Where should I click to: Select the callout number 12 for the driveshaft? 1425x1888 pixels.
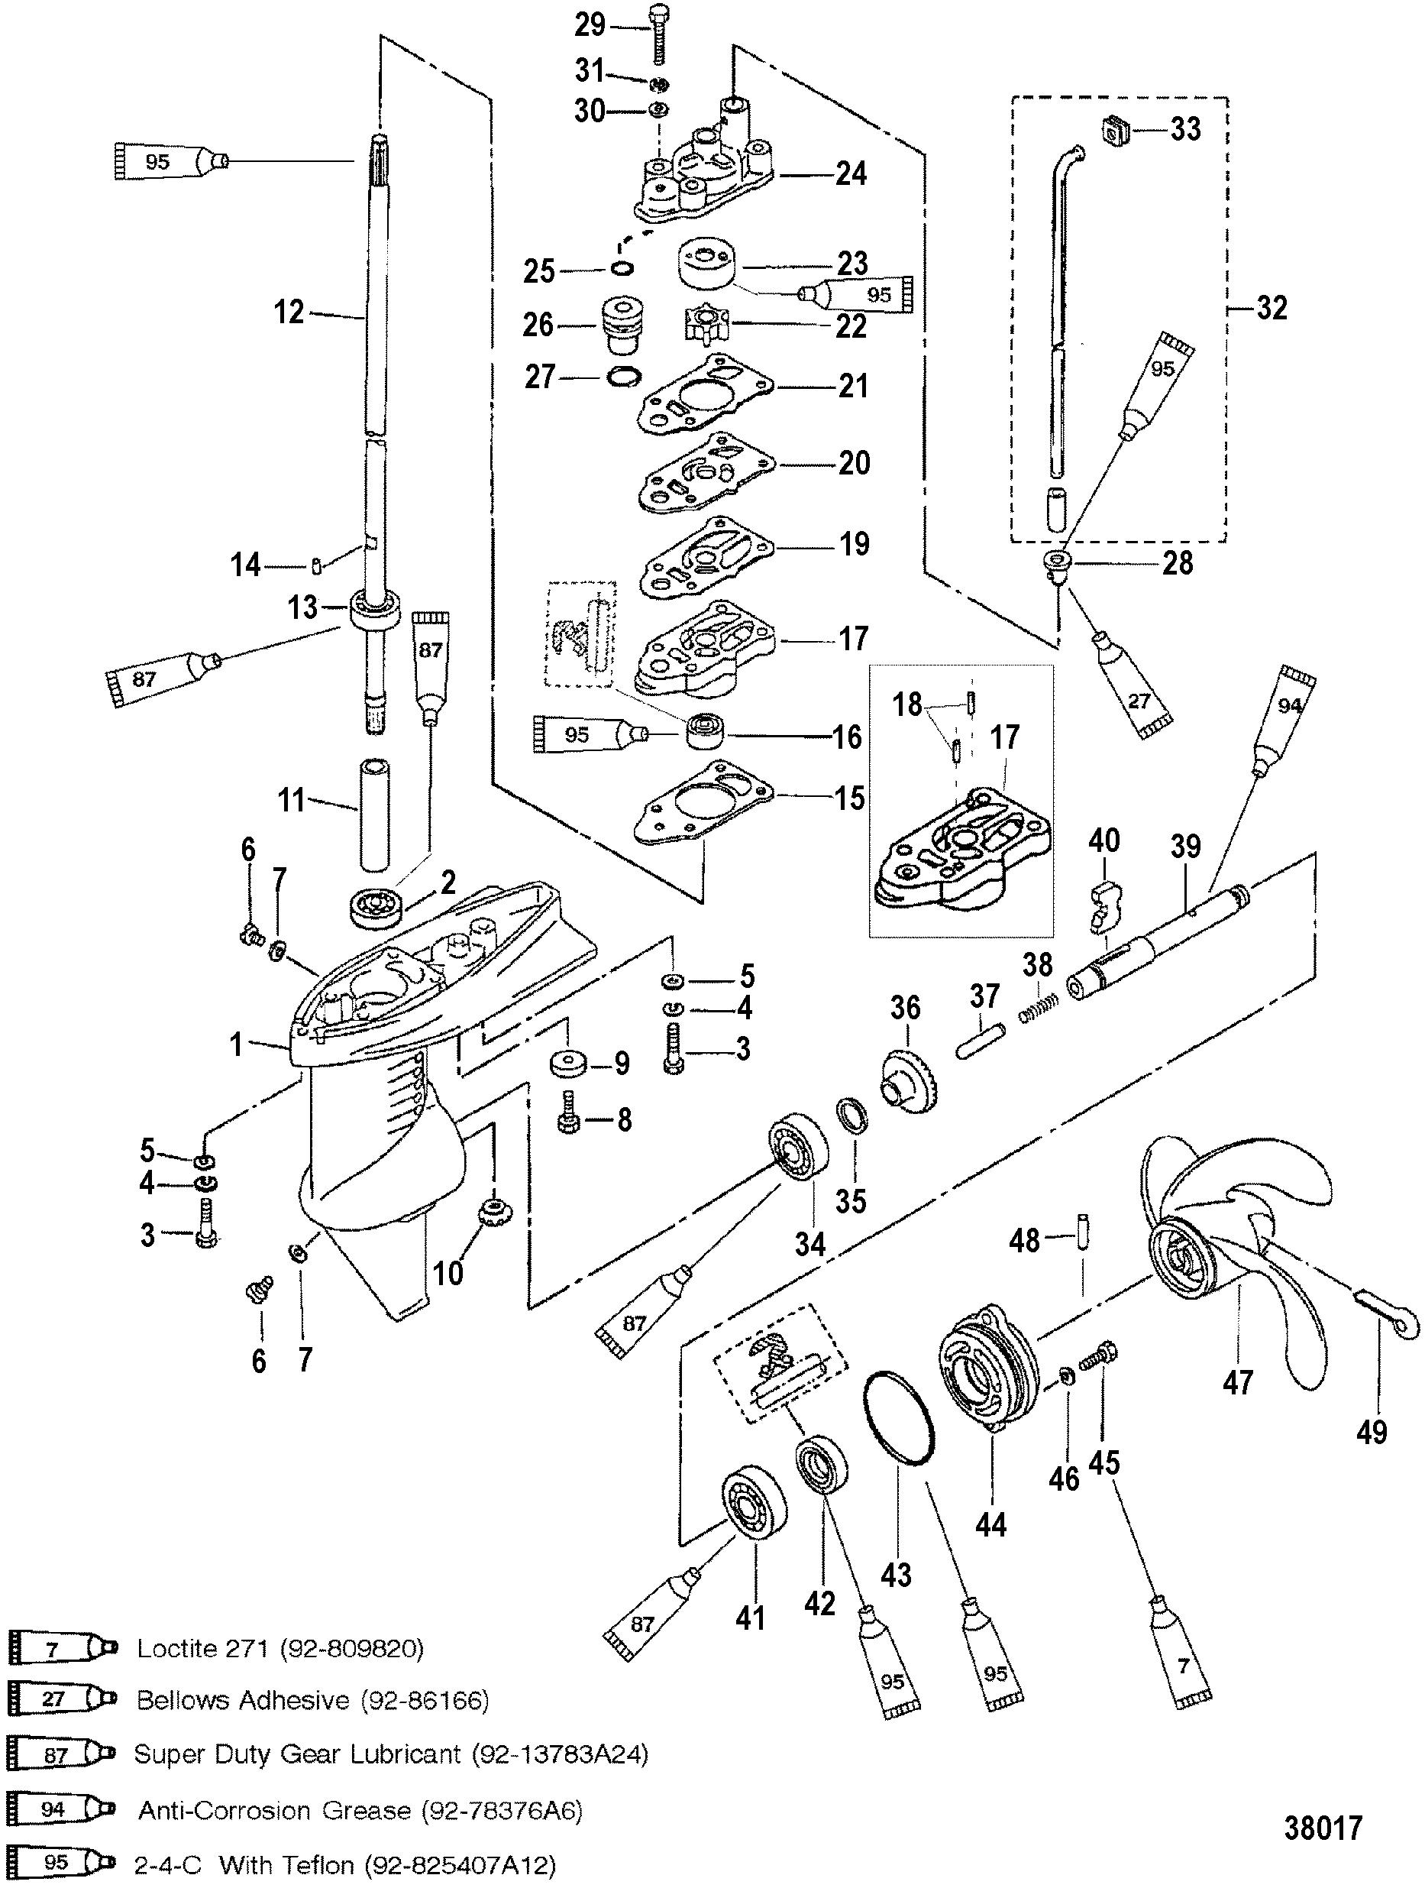(x=289, y=312)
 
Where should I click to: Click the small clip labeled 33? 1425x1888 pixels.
(x=1112, y=130)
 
